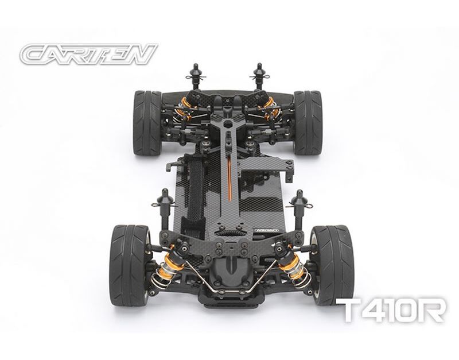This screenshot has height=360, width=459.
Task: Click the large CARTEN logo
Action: [x=88, y=54]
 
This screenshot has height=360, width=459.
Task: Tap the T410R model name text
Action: [x=391, y=310]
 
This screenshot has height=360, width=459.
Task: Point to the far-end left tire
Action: [x=147, y=123]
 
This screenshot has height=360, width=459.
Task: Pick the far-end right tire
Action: [x=308, y=123]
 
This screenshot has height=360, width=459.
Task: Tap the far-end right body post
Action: [x=259, y=77]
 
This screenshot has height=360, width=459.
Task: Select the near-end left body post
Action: [x=164, y=208]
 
